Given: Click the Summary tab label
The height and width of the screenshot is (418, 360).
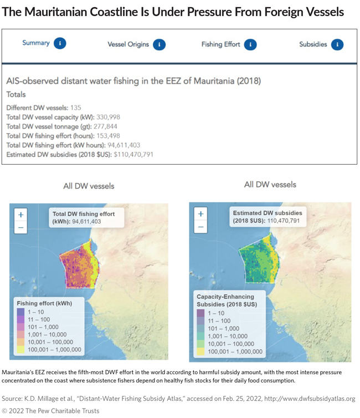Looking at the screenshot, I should coord(36,43).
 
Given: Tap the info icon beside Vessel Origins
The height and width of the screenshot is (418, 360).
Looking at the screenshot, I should coord(159,44).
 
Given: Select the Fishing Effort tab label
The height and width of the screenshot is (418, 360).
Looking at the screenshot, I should coord(220,44).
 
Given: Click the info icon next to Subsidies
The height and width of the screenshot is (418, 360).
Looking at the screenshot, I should coord(337,44).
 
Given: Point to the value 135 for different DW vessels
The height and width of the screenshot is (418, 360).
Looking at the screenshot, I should coord(75,108).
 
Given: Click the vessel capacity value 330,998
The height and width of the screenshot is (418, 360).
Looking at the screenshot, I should coord(107,117).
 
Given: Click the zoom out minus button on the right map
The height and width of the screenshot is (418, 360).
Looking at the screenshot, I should coord(200,227).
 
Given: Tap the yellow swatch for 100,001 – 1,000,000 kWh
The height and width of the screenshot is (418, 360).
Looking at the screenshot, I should coord(20,350).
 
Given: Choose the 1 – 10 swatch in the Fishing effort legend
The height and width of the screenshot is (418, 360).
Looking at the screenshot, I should coord(20,312).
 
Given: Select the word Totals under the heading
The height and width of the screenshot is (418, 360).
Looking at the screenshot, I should coord(16,94).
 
